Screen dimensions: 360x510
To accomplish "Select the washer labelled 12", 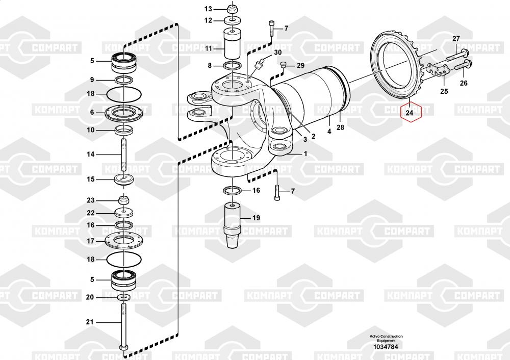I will pos(233,20).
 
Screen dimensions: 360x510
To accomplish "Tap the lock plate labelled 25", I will pos(436,72).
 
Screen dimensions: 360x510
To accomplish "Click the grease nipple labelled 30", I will pos(260,63).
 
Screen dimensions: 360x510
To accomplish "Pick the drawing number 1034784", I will pos(386,347).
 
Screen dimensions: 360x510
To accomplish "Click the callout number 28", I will pos(340,127).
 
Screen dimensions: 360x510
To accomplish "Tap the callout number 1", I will pos(305,153).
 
